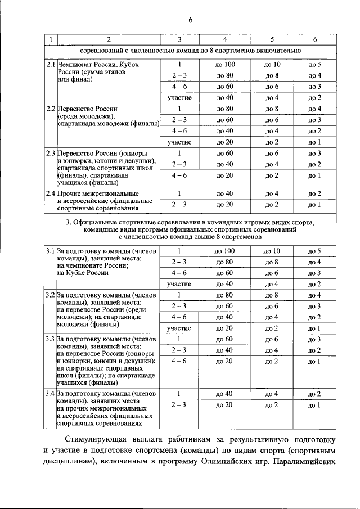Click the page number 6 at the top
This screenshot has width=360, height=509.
191,20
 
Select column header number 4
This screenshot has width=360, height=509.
225,39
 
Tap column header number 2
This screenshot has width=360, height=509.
109,39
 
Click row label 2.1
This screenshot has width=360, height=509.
51,65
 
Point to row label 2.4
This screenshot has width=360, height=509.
51,193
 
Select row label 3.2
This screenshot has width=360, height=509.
51,295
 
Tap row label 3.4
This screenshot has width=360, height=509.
51,394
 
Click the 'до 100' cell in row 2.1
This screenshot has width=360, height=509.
225,65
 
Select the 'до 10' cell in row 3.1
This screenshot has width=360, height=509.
272,251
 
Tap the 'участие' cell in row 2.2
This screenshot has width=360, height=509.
179,142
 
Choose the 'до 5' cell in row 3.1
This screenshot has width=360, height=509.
315,251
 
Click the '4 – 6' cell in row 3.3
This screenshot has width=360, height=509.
179,361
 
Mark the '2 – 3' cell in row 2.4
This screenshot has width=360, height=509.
179,204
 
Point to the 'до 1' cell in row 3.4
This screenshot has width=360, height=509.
315,405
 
